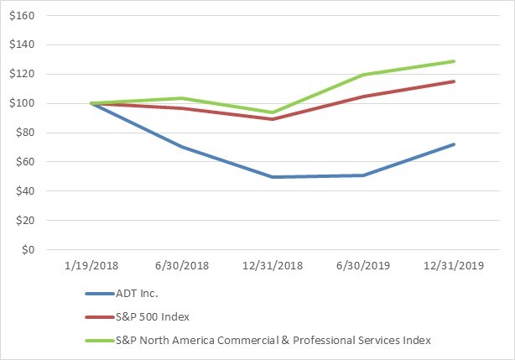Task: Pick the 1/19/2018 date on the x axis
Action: (x=91, y=264)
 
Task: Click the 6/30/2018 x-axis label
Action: (x=182, y=264)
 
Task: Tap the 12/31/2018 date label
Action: (x=272, y=264)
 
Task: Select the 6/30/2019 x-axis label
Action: (x=362, y=264)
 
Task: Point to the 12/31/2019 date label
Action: (x=453, y=264)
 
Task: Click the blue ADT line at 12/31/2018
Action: (x=273, y=177)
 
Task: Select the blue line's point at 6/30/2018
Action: (x=182, y=147)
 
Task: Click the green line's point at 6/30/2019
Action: (x=363, y=75)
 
